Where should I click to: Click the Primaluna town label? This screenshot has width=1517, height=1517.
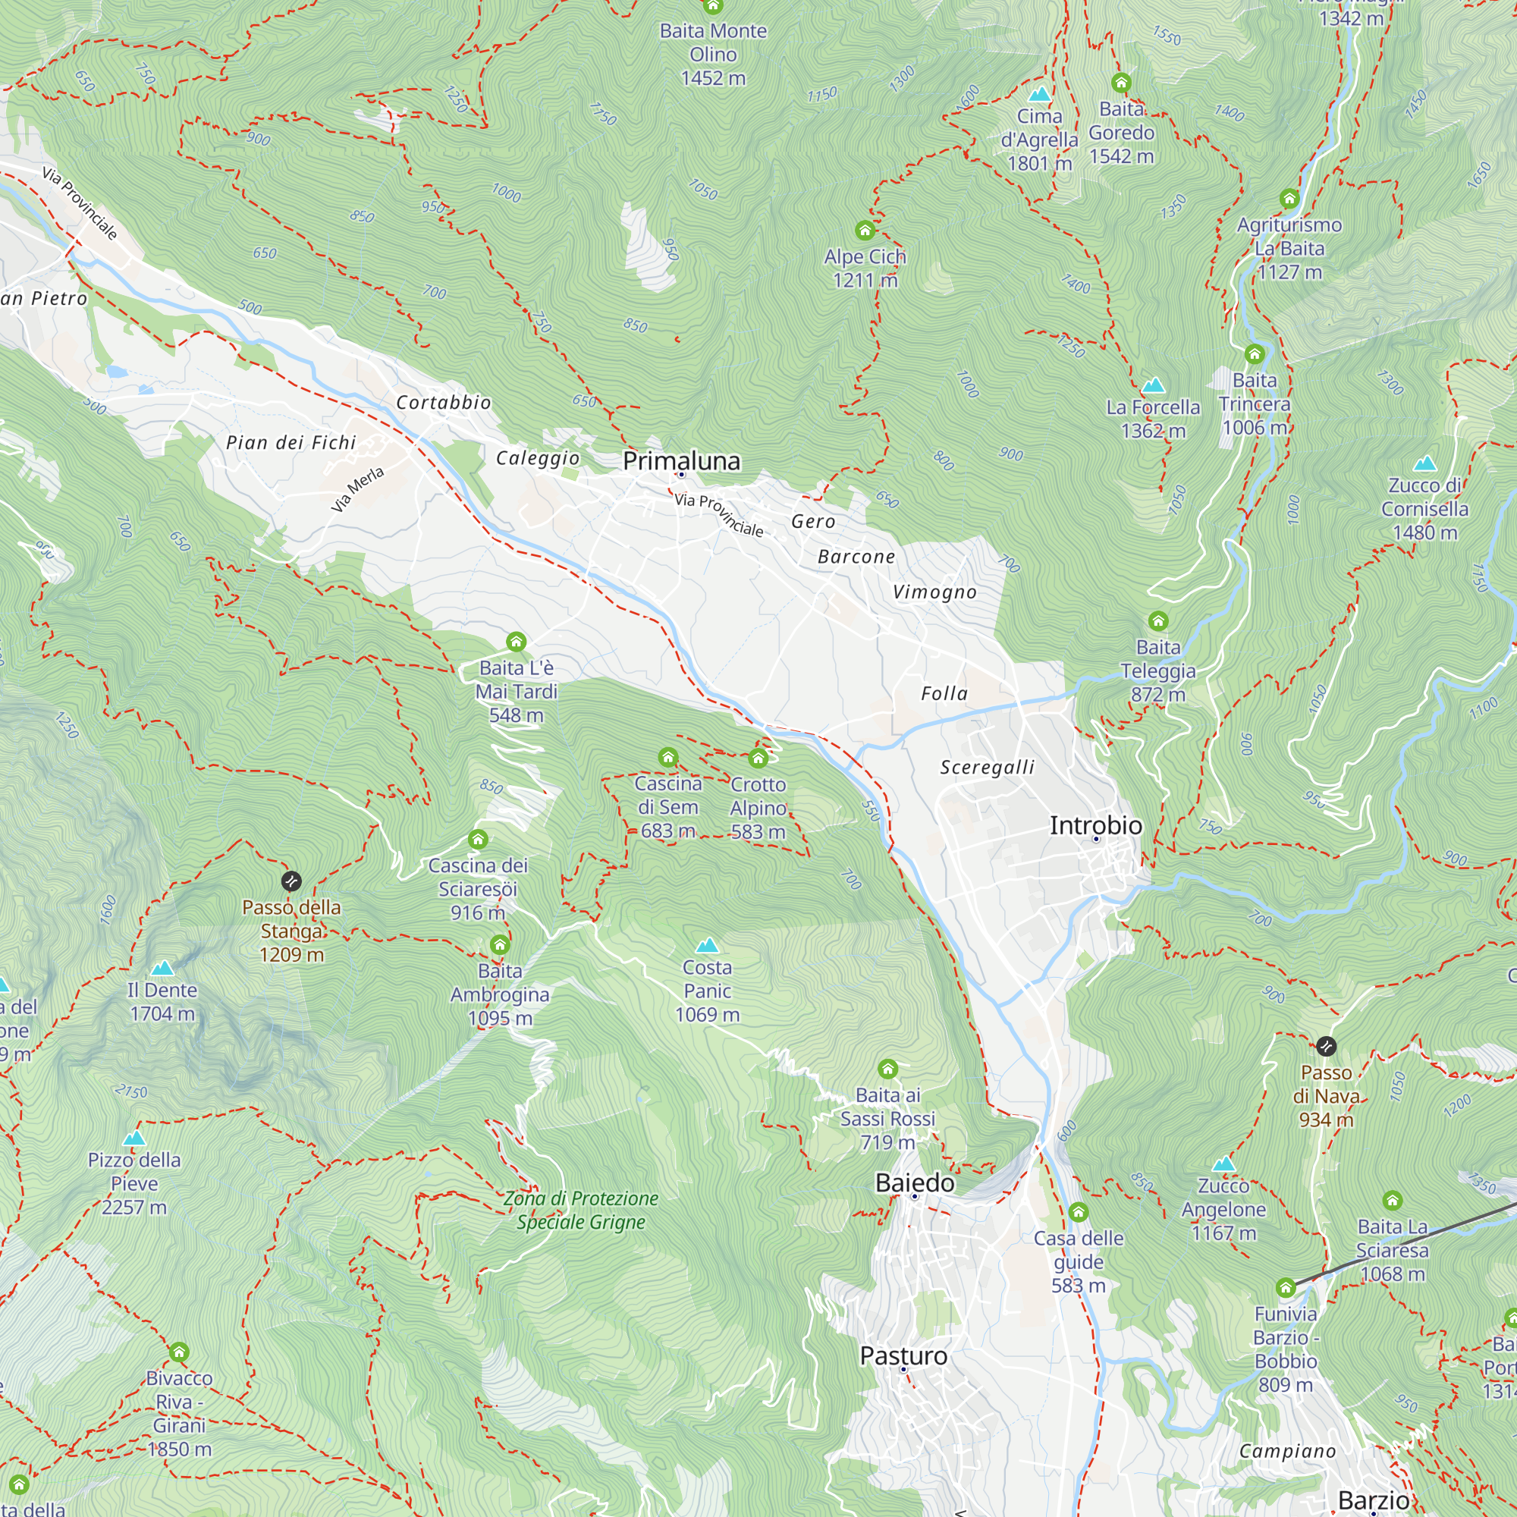tap(681, 461)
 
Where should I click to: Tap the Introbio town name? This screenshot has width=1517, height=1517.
tap(1096, 825)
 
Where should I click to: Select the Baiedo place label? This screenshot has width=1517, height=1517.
tap(915, 1183)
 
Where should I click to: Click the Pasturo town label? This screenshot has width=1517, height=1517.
tap(903, 1355)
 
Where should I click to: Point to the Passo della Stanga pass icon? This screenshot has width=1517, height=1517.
tap(291, 880)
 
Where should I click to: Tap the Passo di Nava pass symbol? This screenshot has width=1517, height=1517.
tap(1325, 1046)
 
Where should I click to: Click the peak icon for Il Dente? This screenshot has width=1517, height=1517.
tap(162, 968)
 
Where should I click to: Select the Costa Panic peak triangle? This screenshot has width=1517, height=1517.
tap(707, 944)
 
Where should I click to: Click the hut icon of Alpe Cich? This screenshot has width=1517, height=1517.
tap(865, 230)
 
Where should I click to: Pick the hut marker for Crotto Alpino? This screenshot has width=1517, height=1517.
tap(758, 758)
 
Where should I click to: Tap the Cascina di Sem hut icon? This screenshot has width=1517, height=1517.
tap(668, 757)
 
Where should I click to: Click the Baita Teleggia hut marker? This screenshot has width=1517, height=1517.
tap(1158, 621)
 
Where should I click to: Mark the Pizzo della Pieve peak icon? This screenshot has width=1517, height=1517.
tap(134, 1139)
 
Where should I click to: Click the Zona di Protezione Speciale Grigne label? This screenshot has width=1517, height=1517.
tap(581, 1210)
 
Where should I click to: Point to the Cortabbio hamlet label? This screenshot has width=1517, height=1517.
tap(444, 403)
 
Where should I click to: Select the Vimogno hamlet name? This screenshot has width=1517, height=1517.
tap(934, 592)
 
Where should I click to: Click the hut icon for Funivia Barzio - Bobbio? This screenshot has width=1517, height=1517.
tap(1286, 1288)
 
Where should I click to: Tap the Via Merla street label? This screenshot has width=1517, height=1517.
tap(357, 489)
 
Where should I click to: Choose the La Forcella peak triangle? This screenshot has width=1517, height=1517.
tap(1153, 385)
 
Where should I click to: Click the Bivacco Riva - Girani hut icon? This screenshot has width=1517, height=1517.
tap(179, 1352)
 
